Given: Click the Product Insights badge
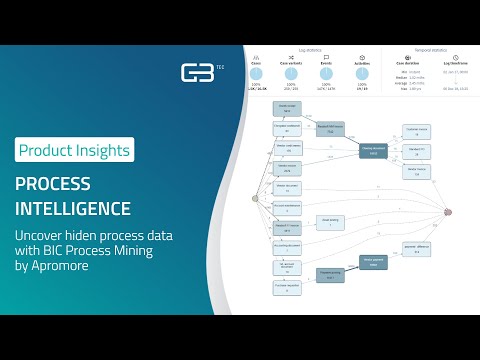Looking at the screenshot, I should pos(75,151).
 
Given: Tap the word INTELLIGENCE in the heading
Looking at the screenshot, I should pos(73,209).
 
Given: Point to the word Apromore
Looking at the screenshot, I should pos(55,268).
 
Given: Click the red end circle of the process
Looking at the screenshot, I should pos(448,211).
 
